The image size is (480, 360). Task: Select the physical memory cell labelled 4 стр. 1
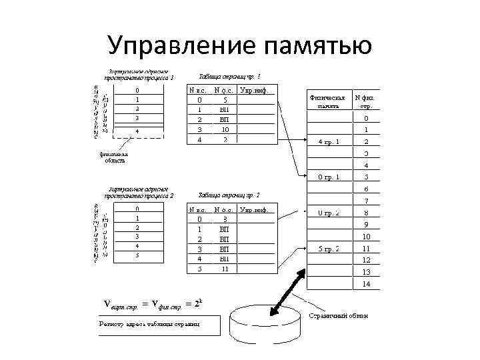click(329, 141)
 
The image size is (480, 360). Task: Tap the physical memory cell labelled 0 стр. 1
click(329, 177)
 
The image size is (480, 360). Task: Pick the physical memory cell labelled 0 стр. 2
click(329, 213)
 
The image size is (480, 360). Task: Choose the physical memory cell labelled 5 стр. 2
click(329, 249)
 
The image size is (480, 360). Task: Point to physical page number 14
click(366, 283)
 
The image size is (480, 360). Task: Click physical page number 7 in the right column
click(366, 201)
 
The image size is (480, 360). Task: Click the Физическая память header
click(328, 101)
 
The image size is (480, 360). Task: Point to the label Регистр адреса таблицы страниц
click(149, 325)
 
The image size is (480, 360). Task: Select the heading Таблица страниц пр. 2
click(229, 195)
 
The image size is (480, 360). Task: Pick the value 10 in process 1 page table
click(226, 129)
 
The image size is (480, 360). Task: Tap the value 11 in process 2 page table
click(225, 269)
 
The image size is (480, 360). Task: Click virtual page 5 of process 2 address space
click(137, 255)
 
